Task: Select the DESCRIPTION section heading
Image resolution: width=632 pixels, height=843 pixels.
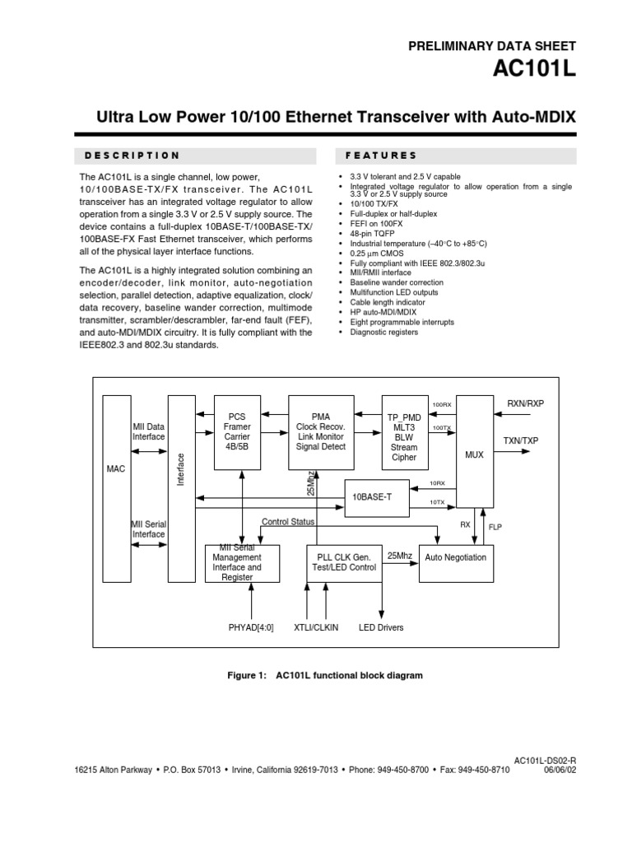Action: tap(129, 155)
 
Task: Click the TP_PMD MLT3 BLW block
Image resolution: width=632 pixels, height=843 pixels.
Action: tap(404, 437)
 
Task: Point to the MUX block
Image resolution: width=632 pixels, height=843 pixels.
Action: tap(475, 453)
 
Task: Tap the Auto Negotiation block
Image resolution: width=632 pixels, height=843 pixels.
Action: tap(455, 557)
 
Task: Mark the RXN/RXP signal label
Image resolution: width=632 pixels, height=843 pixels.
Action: tap(526, 403)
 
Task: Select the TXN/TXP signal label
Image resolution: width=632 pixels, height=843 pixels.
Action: tap(521, 440)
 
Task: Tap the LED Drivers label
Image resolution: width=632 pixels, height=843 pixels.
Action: tap(381, 627)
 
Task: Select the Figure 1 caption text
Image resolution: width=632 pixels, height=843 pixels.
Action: tap(324, 675)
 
